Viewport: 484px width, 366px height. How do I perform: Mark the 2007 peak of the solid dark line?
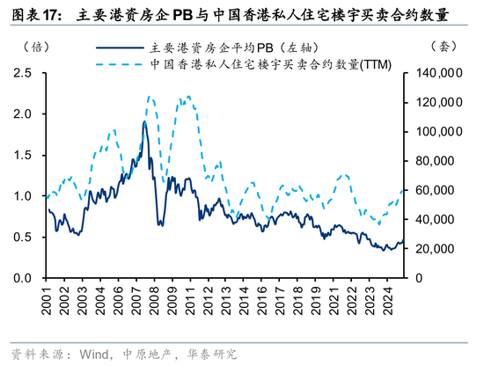[x=144, y=121]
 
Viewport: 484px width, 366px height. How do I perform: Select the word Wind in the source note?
[x=94, y=355]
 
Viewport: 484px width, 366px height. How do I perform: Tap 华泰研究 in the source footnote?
[x=212, y=355]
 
